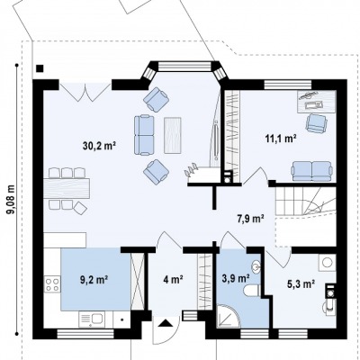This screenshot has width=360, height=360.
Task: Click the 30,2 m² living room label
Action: (99, 146)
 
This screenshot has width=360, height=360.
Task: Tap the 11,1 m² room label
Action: (281, 139)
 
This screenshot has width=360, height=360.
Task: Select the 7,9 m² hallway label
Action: (251, 219)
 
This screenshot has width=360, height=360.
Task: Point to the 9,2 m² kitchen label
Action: (94, 280)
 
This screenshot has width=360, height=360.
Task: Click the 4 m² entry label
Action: (174, 280)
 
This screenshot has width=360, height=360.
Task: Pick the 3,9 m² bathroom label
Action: (237, 278)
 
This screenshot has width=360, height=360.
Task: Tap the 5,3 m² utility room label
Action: (301, 283)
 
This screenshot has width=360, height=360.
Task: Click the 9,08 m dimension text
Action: (11, 199)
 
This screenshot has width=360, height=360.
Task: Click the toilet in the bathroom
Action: (252, 291)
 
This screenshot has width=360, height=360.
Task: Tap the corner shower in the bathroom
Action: (229, 316)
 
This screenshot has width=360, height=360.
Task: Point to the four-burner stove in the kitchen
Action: (52, 284)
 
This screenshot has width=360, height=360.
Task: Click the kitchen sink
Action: (93, 319)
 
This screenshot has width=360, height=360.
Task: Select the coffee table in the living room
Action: (173, 135)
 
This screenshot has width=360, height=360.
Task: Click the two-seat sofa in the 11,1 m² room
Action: (312, 171)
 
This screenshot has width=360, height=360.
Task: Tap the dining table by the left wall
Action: (67, 188)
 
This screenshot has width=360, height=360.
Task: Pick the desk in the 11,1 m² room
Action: (316, 102)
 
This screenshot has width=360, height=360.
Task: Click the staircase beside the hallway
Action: (305, 201)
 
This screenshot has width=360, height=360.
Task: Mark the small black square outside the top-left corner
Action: (40, 68)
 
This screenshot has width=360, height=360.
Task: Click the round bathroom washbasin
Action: (256, 265)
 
